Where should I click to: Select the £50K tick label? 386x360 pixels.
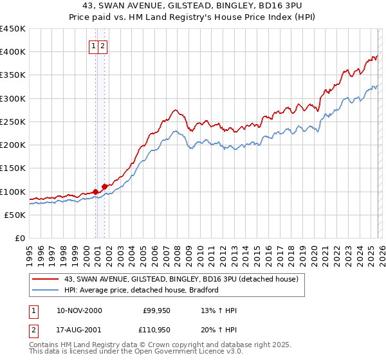point(15,215)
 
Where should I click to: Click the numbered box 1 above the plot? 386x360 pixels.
point(94,46)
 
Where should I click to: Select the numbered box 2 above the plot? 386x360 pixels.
point(103,46)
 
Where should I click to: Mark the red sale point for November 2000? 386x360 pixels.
point(96,192)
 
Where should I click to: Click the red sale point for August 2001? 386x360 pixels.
point(104,186)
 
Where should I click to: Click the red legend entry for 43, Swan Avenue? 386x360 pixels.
point(180,280)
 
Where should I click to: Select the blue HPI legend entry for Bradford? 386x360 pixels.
point(142,290)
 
